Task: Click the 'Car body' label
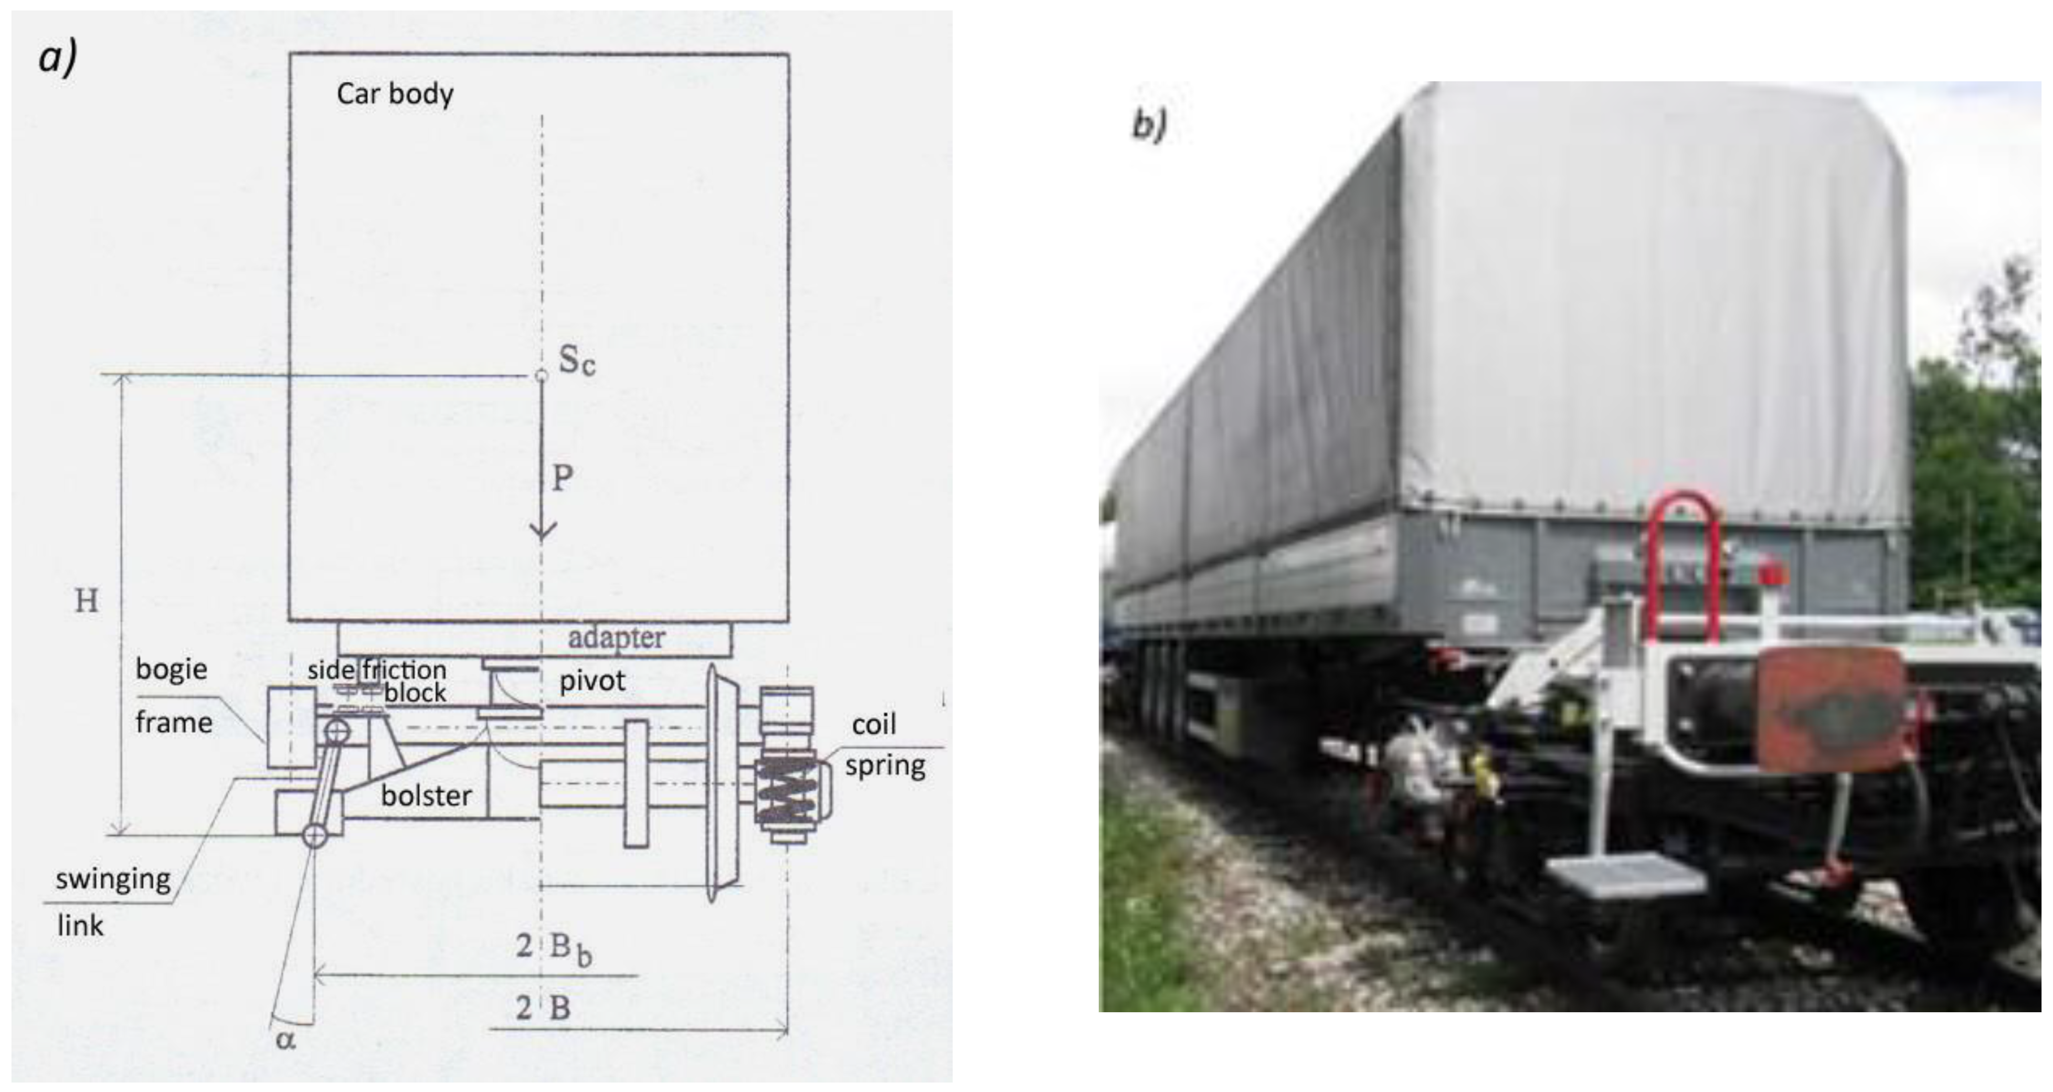click(x=395, y=94)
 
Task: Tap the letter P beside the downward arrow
click(x=563, y=478)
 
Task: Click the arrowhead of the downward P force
click(x=543, y=530)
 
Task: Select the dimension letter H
click(x=86, y=601)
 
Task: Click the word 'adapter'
click(x=616, y=638)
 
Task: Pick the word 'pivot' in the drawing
click(x=592, y=681)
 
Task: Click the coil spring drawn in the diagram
click(x=786, y=789)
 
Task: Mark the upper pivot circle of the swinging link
click(x=337, y=730)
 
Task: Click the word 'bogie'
click(x=172, y=669)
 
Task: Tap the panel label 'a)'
click(x=57, y=57)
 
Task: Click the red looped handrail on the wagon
click(x=1682, y=558)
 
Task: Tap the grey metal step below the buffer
click(x=1626, y=874)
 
